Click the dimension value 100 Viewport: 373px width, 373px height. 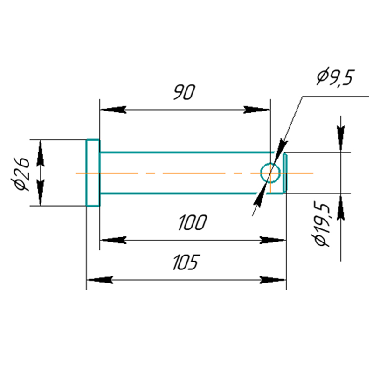(x=192, y=223)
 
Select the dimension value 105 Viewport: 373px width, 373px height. (x=186, y=262)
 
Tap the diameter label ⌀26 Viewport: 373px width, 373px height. (x=22, y=174)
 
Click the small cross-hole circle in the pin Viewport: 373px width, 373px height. (x=270, y=173)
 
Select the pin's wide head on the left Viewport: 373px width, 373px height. (x=93, y=173)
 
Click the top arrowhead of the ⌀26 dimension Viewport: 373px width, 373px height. (x=40, y=151)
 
